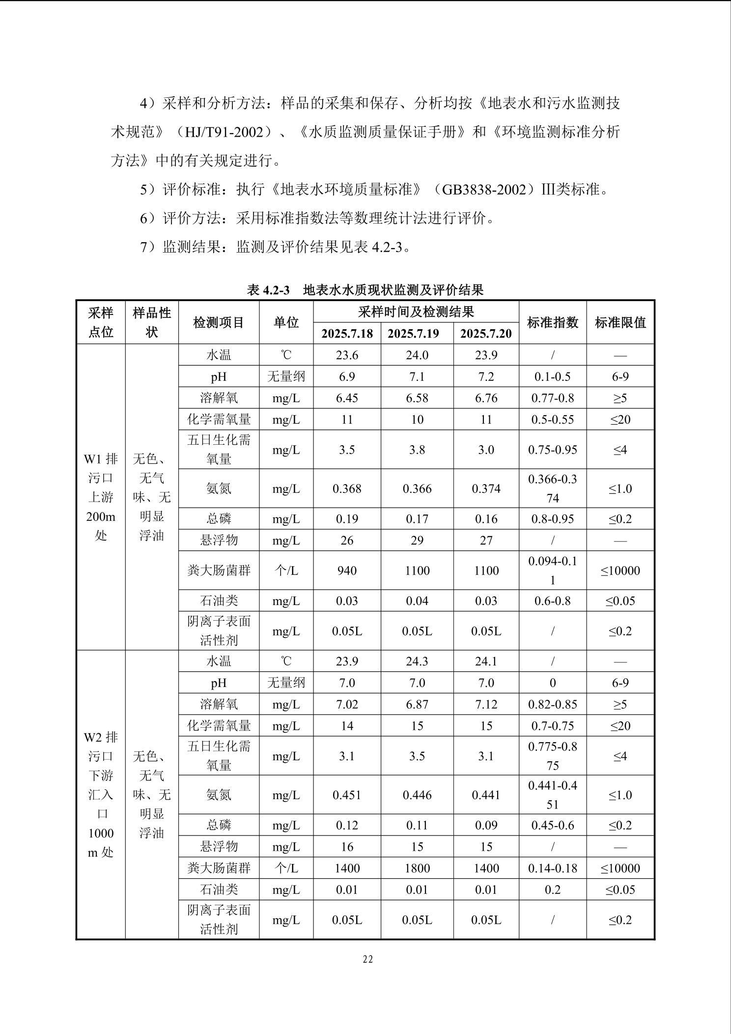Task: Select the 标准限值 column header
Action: click(x=620, y=322)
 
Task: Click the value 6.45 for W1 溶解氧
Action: click(x=347, y=398)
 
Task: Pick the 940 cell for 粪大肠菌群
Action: click(x=347, y=571)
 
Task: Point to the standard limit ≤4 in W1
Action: click(x=620, y=450)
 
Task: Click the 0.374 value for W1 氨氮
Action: click(x=486, y=488)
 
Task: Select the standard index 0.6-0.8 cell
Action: click(x=552, y=601)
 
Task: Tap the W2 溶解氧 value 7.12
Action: click(x=486, y=705)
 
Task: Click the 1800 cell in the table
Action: click(x=417, y=868)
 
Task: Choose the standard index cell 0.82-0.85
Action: click(x=552, y=705)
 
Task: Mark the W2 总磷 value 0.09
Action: click(x=486, y=825)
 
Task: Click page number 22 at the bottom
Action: click(x=368, y=959)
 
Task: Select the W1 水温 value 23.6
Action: click(x=347, y=355)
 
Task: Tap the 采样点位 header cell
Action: click(x=101, y=322)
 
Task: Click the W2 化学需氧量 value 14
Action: click(x=347, y=726)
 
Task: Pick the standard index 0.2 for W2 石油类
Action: click(x=552, y=890)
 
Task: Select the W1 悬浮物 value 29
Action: click(x=417, y=541)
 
